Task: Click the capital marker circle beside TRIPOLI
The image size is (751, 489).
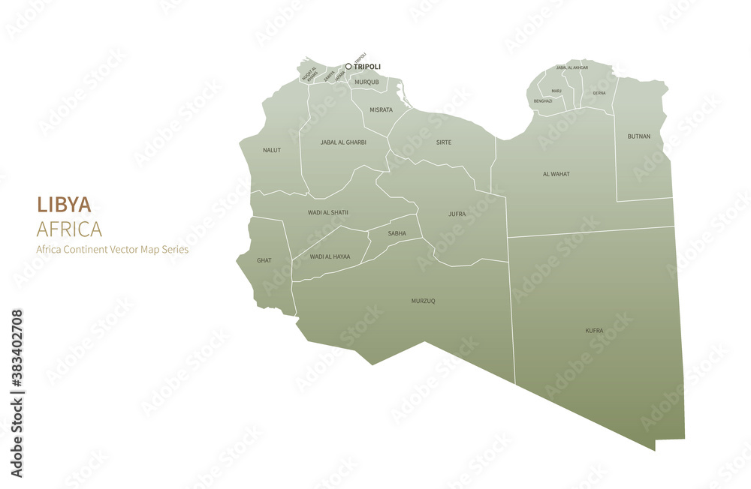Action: point(348,66)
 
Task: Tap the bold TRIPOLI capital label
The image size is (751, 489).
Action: point(367,67)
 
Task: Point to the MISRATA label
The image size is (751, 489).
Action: point(381,109)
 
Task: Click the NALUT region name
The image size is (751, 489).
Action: point(272,150)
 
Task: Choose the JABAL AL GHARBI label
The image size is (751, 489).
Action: point(343,142)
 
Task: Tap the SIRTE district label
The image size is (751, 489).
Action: point(444,142)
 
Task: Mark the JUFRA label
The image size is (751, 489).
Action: point(457,214)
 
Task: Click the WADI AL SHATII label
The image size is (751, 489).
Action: point(328,212)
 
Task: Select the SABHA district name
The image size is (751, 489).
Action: point(397,233)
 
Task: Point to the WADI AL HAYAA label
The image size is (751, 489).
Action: point(330,256)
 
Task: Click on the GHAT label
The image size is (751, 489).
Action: point(264,260)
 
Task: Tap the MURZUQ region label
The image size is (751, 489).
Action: point(423,301)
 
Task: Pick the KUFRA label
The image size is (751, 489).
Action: point(594,330)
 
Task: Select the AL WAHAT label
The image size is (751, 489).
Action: point(556,174)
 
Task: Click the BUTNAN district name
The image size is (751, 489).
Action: point(638,136)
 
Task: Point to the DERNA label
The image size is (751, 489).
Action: point(599,93)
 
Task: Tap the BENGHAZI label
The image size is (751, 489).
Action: point(543,100)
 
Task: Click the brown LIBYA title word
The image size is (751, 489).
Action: point(64,205)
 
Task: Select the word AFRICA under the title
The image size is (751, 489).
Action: point(69,229)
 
